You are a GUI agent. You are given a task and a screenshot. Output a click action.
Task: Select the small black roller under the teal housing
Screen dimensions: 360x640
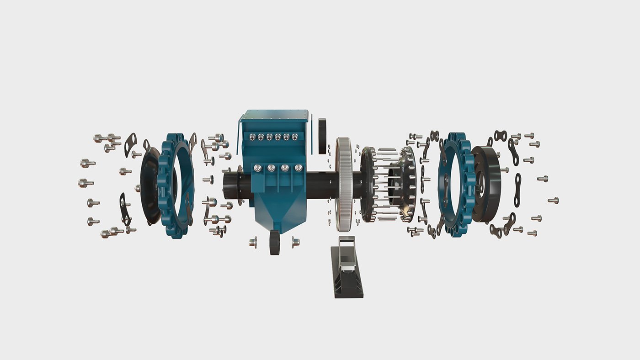coord(275,243)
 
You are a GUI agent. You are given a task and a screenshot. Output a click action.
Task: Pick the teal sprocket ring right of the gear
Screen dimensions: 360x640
coord(455,185)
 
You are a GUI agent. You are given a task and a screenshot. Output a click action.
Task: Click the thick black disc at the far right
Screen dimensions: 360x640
coord(487,185)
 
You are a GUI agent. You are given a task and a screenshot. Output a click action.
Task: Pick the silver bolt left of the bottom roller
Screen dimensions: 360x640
coord(253,242)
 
